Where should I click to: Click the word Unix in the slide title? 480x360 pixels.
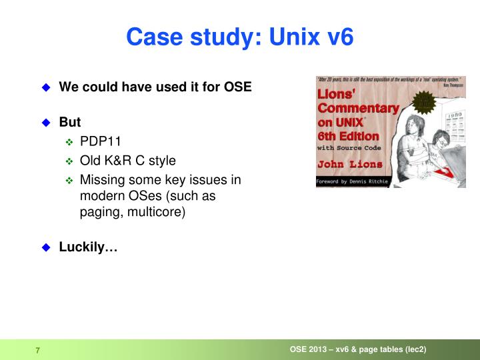pyautogui.click(x=289, y=37)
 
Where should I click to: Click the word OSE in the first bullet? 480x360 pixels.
pyautogui.click(x=237, y=87)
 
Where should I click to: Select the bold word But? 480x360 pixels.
pyautogui.click(x=70, y=122)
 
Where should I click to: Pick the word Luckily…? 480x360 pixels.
pyautogui.click(x=88, y=247)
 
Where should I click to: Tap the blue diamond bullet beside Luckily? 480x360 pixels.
pyautogui.click(x=46, y=248)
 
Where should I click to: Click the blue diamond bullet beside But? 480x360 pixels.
pyautogui.click(x=46, y=123)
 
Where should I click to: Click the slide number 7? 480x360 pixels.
pyautogui.click(x=38, y=351)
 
